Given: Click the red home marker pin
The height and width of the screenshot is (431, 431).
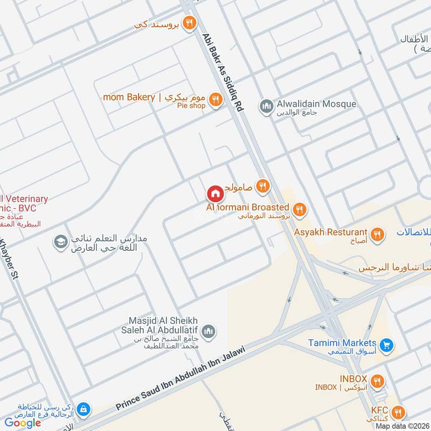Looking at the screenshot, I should pyautogui.click(x=214, y=193).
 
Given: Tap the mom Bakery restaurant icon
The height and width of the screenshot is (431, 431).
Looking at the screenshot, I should pyautogui.click(x=215, y=99).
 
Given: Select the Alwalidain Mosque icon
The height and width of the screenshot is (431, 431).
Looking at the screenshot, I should pyautogui.click(x=266, y=106).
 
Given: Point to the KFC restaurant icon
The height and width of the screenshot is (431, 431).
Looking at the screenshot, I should pyautogui.click(x=399, y=412).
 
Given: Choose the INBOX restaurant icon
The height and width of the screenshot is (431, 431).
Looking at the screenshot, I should pyautogui.click(x=378, y=381).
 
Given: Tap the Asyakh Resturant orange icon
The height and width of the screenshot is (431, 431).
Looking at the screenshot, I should pyautogui.click(x=378, y=234).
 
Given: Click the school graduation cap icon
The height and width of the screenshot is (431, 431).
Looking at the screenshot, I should pyautogui.click(x=60, y=242).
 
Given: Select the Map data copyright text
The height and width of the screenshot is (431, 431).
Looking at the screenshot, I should pyautogui.click(x=402, y=426).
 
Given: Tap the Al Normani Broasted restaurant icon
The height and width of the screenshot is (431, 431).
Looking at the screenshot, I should pyautogui.click(x=300, y=209).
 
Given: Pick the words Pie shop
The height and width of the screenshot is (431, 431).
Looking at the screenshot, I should pyautogui.click(x=191, y=106).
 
